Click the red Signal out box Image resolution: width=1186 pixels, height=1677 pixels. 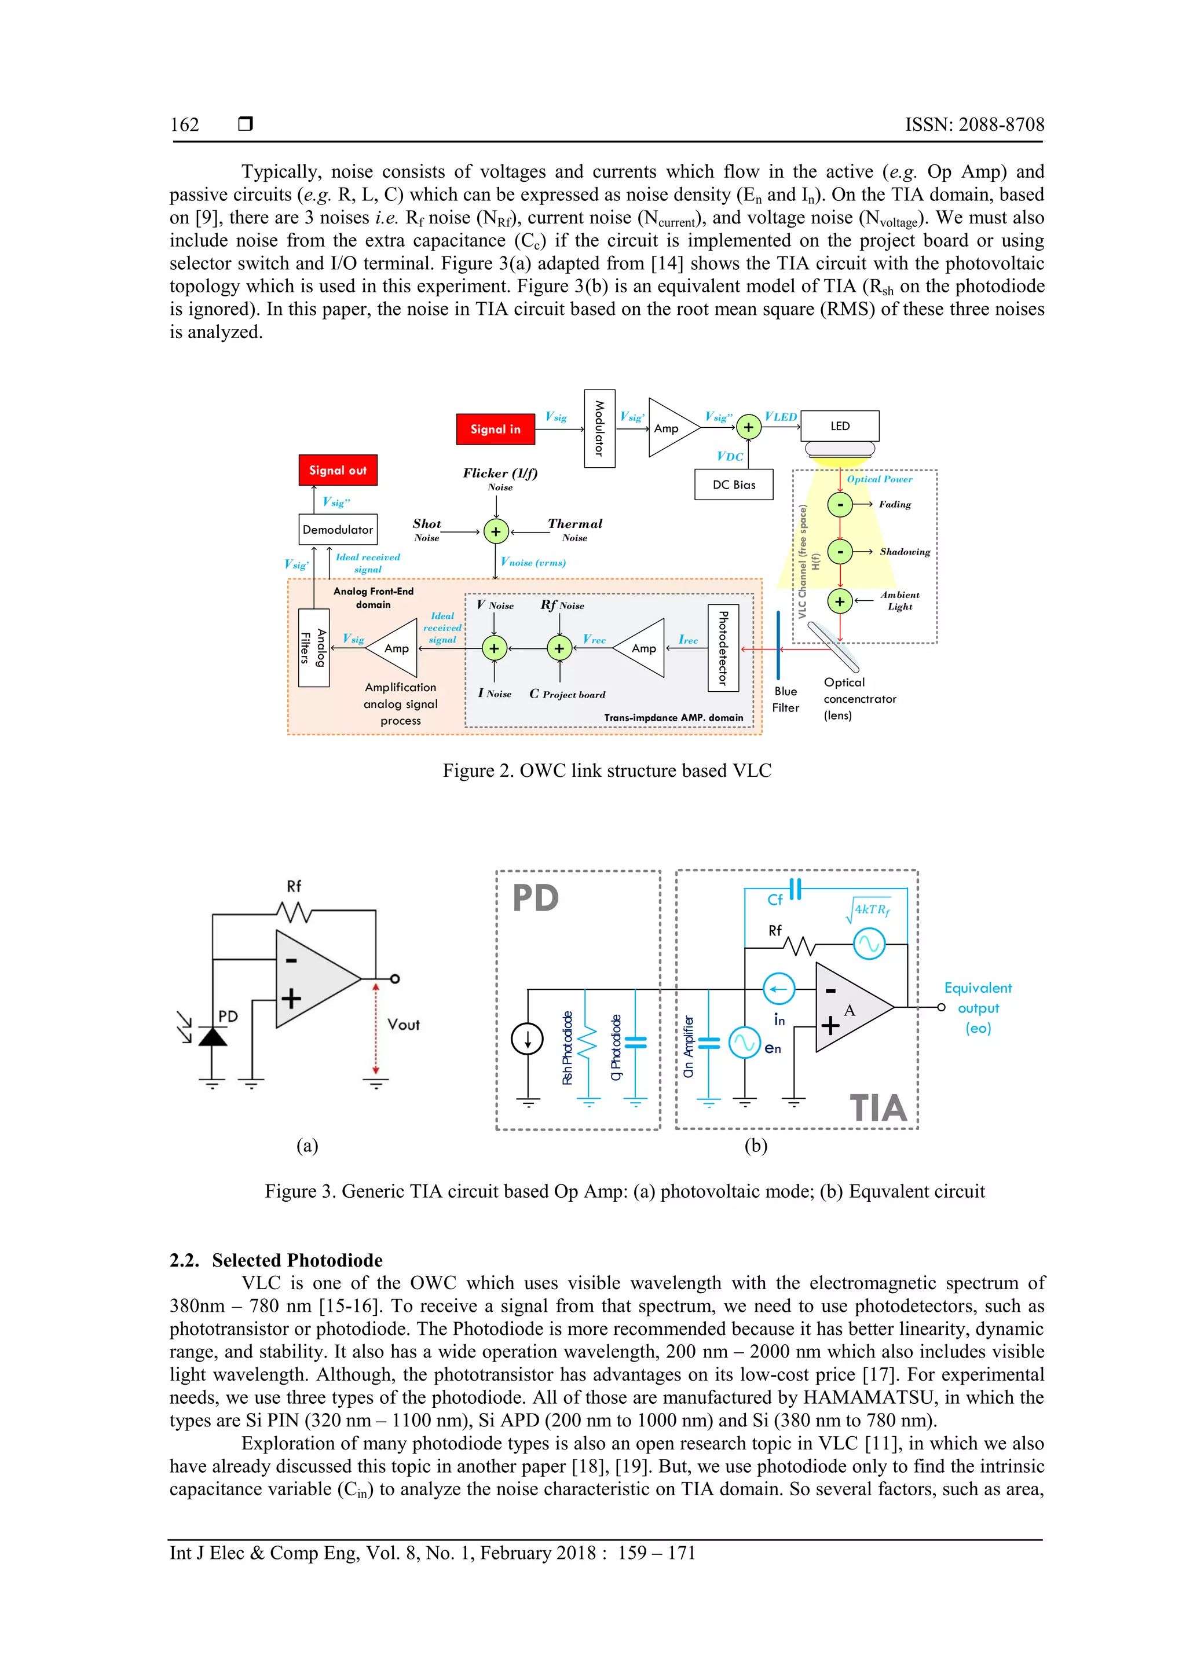[x=338, y=471]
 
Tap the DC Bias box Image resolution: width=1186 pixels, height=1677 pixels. [x=733, y=485]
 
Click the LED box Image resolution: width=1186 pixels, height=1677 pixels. [x=840, y=426]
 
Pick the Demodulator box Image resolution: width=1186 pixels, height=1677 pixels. [x=338, y=530]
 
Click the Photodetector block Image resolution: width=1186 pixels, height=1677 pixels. [x=723, y=648]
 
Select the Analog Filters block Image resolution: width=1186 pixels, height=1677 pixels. [x=313, y=648]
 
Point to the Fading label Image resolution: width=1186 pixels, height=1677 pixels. [x=895, y=505]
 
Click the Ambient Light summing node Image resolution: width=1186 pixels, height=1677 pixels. [x=840, y=601]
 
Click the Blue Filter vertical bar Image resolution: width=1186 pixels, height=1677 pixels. [x=778, y=645]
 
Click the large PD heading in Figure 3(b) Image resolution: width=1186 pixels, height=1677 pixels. [x=536, y=898]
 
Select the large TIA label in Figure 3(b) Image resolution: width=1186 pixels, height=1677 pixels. [x=877, y=1108]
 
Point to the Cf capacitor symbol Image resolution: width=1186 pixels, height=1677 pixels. [x=796, y=889]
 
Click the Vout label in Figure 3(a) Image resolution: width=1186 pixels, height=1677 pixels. [x=404, y=1025]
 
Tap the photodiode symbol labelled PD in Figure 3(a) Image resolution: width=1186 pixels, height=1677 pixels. [x=213, y=1036]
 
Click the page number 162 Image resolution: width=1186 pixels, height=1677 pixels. [x=184, y=125]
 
